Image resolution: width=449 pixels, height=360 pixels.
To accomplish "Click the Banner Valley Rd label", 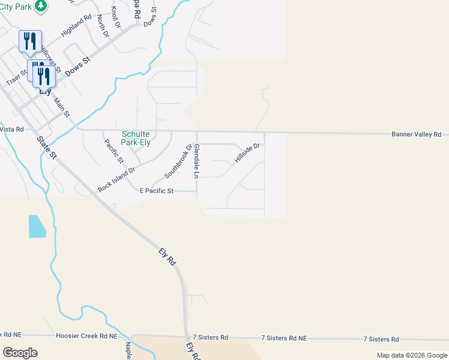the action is coord(416,134).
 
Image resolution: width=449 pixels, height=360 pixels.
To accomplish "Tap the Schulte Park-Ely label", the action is coord(136,139).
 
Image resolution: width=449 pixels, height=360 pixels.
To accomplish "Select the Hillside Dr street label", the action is coord(247,154).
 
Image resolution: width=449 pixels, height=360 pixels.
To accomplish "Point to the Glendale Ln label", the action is coord(196,160).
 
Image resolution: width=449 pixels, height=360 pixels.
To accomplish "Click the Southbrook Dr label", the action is coord(178,161).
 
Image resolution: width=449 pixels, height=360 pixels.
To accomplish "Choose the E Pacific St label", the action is coord(156,191).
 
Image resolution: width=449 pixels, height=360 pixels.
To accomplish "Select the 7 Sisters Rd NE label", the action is coord(284,338).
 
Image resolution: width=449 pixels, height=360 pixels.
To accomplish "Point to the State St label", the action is coord(46,147).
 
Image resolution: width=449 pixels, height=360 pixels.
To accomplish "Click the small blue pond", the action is coord(37,226).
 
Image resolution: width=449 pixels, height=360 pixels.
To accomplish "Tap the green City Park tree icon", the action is coord(40,6).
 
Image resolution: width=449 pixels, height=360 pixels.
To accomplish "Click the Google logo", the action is coord(20,353).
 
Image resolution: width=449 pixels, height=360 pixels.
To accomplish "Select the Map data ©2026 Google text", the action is coord(412,355).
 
